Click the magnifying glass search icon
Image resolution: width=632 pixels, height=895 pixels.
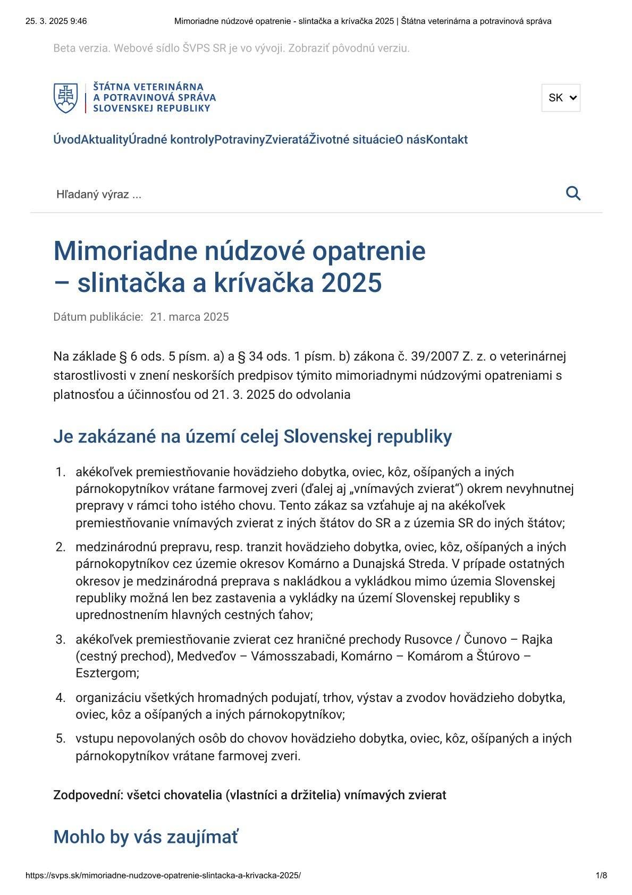[x=573, y=193]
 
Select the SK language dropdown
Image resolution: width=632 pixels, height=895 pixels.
[x=561, y=98]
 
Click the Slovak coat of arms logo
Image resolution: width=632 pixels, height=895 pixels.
[x=65, y=98]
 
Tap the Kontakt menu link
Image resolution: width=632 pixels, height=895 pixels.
[x=447, y=140]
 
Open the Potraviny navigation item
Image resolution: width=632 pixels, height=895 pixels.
[x=239, y=140]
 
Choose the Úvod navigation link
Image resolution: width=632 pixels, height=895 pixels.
[x=66, y=140]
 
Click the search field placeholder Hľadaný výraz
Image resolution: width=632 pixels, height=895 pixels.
[x=99, y=195]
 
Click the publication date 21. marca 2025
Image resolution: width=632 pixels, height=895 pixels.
[x=189, y=317]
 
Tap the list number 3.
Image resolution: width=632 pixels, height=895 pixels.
[x=60, y=639]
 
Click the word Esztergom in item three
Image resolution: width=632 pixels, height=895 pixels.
[x=106, y=673]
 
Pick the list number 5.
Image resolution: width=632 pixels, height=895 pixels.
[x=60, y=739]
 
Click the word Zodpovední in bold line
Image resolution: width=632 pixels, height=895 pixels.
[x=85, y=796]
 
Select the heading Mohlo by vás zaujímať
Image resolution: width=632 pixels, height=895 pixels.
[x=146, y=837]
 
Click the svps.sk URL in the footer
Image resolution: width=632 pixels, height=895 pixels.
[x=163, y=875]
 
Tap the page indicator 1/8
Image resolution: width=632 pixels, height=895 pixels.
[x=601, y=875]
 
